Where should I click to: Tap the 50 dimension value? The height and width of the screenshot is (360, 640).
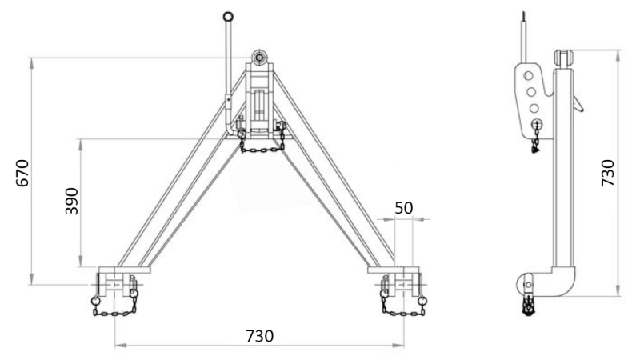point(405,207)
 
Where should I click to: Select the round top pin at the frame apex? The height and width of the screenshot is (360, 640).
point(260,58)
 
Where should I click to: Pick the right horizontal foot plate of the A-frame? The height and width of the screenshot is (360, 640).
point(395,269)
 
